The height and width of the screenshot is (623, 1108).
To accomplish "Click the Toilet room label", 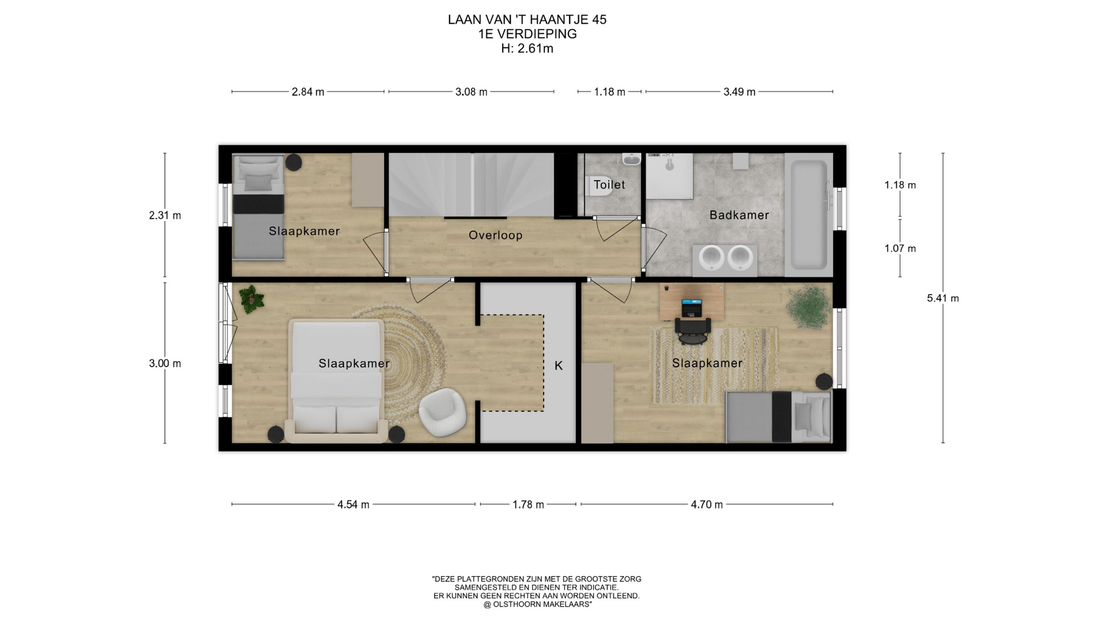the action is pyautogui.click(x=609, y=185).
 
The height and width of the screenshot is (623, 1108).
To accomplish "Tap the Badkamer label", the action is pyautogui.click(x=739, y=215).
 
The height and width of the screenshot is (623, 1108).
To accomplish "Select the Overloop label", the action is pyautogui.click(x=496, y=235).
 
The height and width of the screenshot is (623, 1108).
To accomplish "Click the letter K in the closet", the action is pyautogui.click(x=559, y=366).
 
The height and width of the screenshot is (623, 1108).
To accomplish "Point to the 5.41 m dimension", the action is pyautogui.click(x=943, y=298).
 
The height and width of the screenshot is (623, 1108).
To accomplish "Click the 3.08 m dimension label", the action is pyautogui.click(x=471, y=92).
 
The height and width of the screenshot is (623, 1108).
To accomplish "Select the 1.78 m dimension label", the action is pyautogui.click(x=528, y=505).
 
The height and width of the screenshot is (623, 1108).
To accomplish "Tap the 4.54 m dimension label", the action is pyautogui.click(x=353, y=505).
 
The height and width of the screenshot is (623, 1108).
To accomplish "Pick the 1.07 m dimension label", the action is pyautogui.click(x=900, y=249).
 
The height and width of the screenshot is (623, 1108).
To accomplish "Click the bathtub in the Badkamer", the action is pyautogui.click(x=808, y=215).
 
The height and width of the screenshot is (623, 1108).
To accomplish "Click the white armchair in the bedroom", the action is pyautogui.click(x=442, y=411).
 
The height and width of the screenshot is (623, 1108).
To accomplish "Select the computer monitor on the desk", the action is pyautogui.click(x=692, y=308).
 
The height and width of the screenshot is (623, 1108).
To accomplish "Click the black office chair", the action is pyautogui.click(x=693, y=331).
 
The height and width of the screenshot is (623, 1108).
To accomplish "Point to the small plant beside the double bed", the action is pyautogui.click(x=252, y=299).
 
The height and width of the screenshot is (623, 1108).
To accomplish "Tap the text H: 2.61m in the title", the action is pyautogui.click(x=527, y=48).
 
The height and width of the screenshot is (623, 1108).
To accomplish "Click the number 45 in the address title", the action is pyautogui.click(x=599, y=20).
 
